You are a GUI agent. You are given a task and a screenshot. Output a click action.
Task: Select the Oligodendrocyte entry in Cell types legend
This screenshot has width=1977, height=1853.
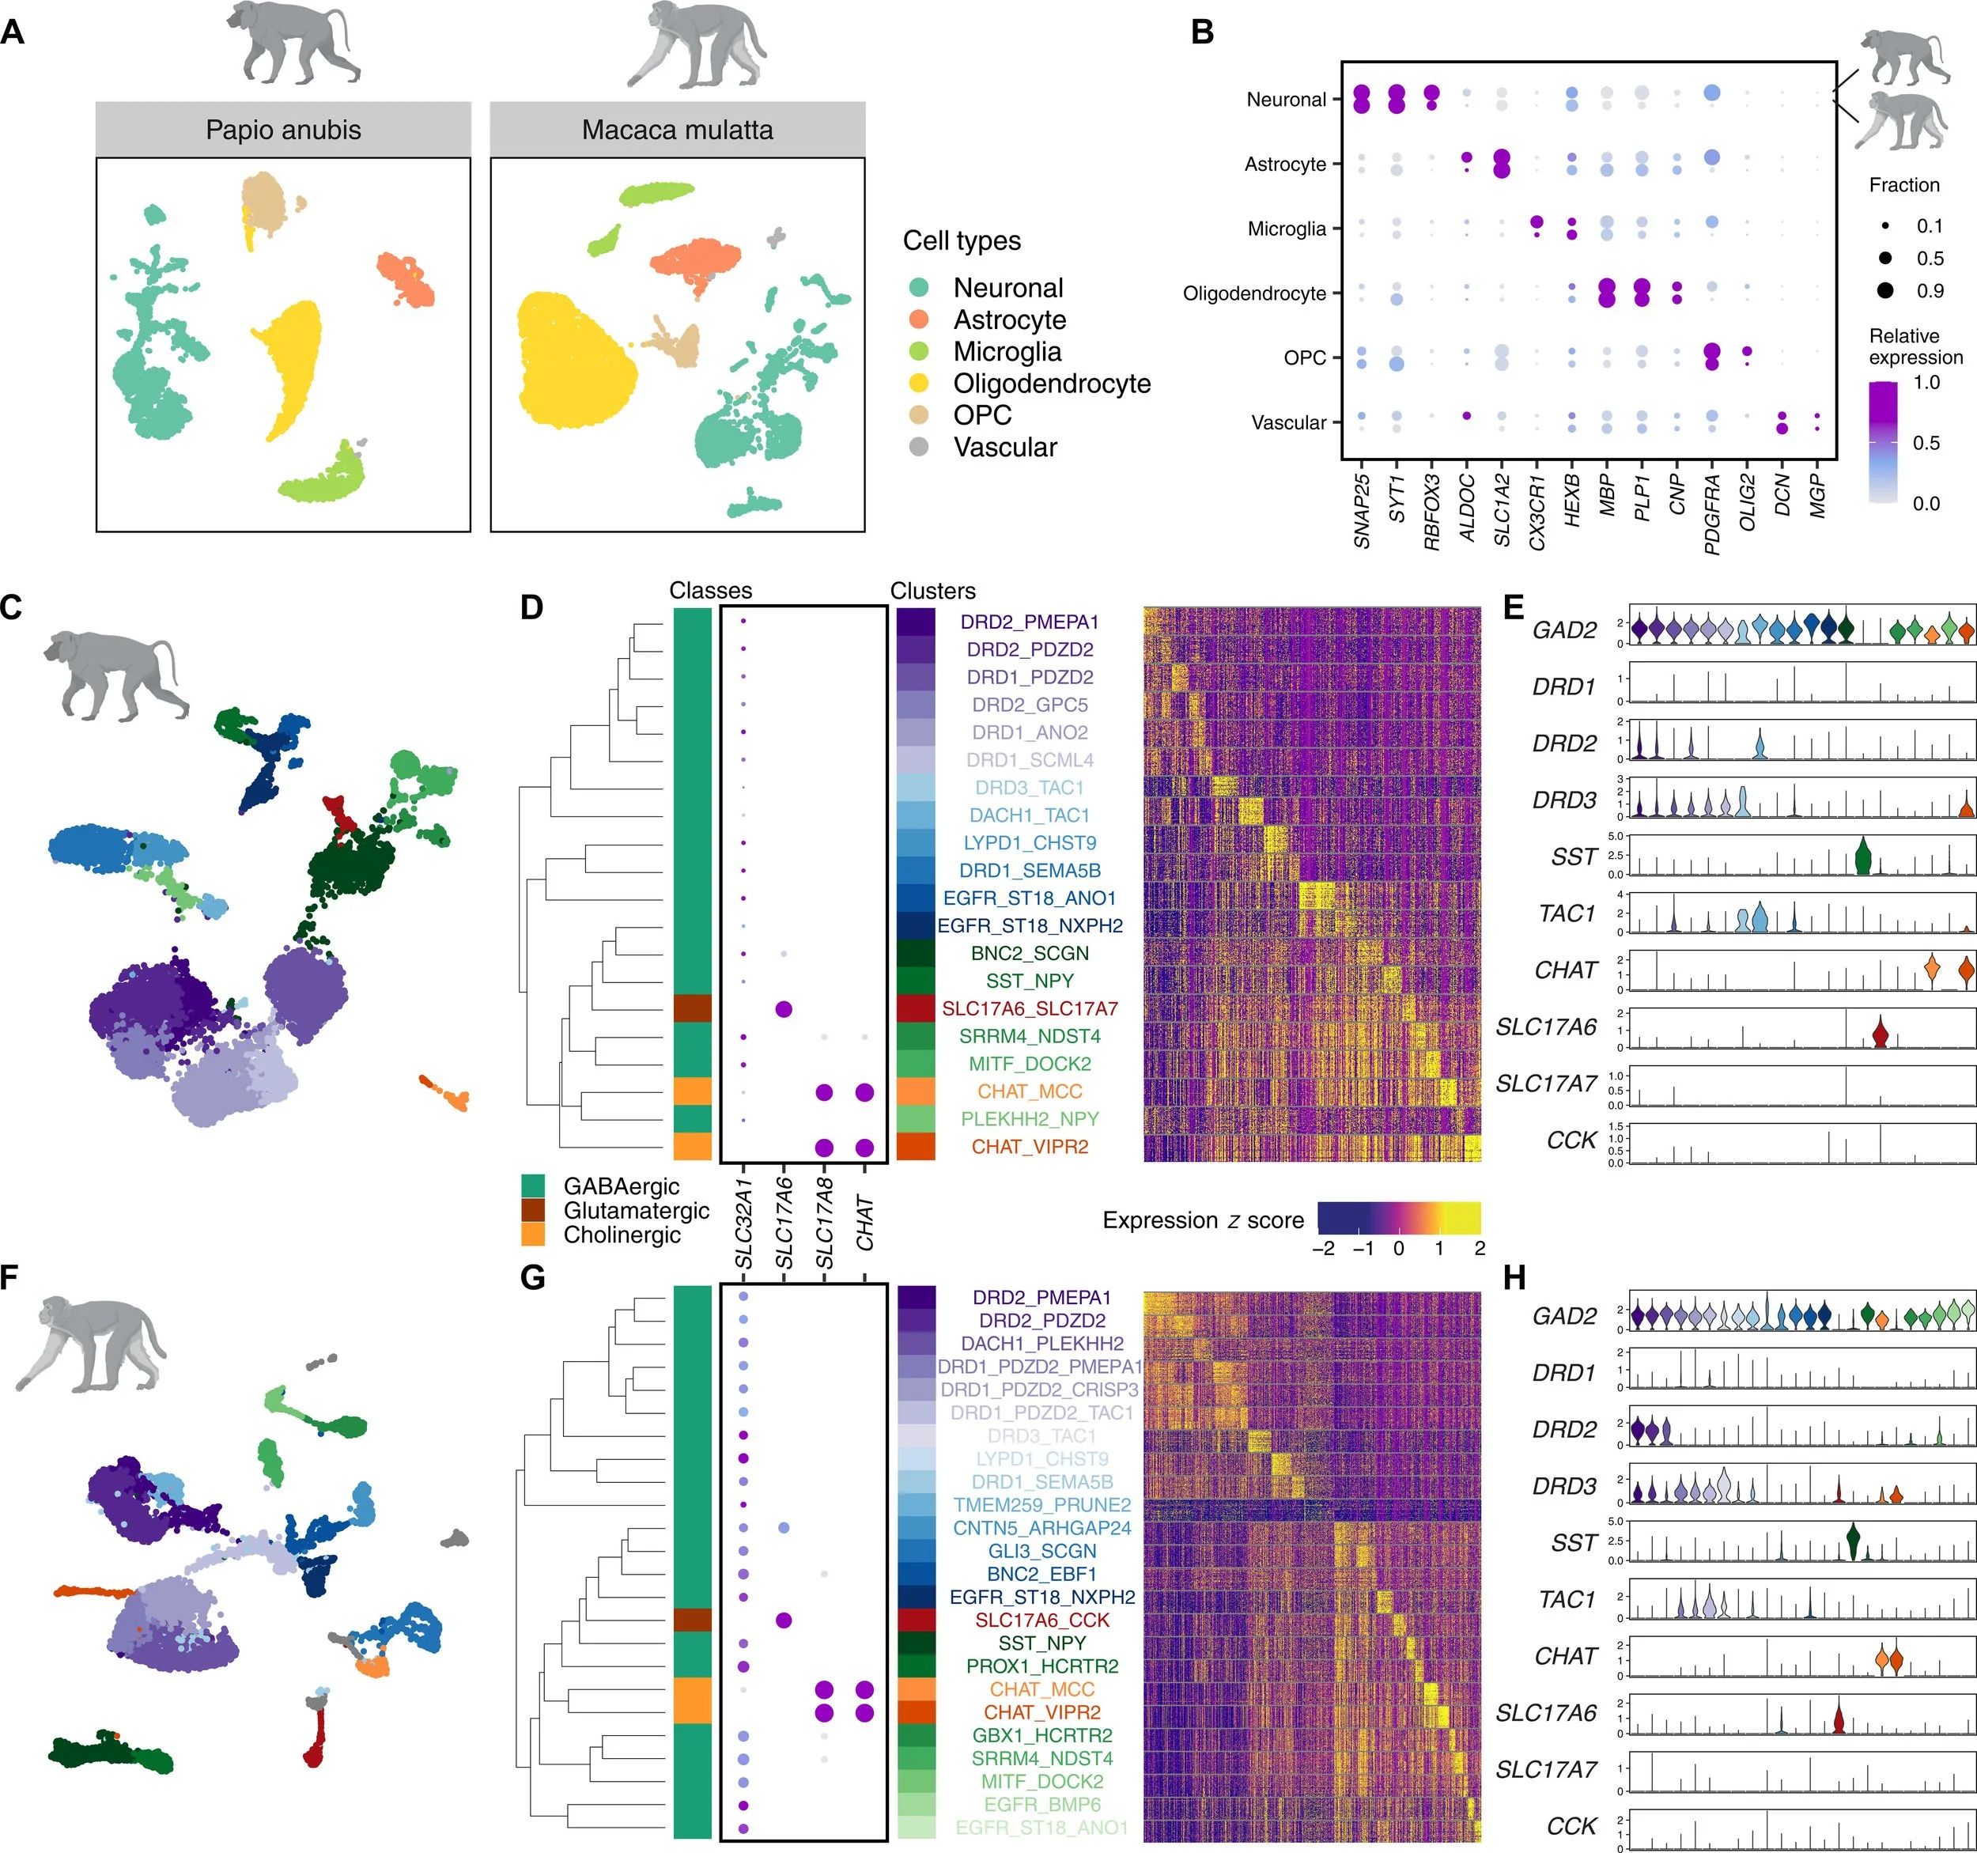(1051, 383)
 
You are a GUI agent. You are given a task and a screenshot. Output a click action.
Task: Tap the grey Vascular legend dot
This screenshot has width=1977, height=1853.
(919, 447)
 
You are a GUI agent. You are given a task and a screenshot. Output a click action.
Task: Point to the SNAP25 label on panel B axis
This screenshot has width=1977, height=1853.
(1362, 510)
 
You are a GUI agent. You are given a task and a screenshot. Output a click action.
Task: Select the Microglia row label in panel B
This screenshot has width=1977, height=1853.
(1286, 229)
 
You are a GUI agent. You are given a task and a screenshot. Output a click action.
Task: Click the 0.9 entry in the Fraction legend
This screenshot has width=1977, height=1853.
(1930, 290)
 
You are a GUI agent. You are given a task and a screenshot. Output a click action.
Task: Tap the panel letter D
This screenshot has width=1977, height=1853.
(532, 607)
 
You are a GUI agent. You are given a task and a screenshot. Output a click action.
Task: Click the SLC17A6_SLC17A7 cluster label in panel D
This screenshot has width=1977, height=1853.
(1030, 1008)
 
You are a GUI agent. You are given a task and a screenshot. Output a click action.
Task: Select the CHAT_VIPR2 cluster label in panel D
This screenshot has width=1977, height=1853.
(1030, 1147)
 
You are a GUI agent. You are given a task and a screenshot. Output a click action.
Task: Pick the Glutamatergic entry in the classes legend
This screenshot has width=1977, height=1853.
(636, 1211)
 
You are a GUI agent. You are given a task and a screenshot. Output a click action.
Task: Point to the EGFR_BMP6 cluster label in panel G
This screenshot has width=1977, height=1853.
(1041, 1804)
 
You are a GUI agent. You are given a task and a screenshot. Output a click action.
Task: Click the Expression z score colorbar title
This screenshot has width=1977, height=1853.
(1202, 1220)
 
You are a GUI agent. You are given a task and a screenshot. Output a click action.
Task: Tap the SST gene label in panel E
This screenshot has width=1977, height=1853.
(1573, 857)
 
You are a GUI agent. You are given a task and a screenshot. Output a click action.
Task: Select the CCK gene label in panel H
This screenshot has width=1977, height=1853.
(1571, 1826)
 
